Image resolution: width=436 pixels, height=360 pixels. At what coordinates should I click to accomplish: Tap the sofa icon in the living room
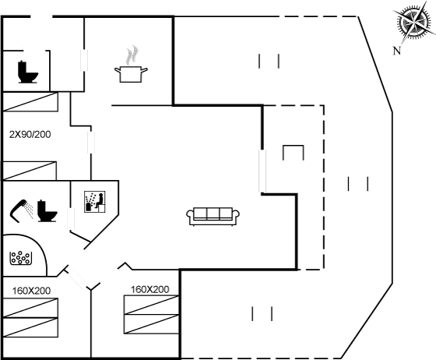pos(213,216)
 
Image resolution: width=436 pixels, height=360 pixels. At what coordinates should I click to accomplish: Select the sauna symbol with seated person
pos(95,202)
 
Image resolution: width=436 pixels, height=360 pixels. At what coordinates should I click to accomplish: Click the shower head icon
pos(21,210)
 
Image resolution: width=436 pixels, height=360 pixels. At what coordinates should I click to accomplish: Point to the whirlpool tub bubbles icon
pos(20,258)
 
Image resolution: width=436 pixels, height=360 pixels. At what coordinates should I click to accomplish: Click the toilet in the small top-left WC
pos(27,72)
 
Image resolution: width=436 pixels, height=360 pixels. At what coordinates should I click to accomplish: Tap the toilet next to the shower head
pos(47,211)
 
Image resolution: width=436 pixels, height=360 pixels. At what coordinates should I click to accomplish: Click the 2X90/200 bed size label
pos(30,134)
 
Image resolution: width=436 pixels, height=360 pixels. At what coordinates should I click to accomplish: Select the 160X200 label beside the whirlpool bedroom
pos(31,291)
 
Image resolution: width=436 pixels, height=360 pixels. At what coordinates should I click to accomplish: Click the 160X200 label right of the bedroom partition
pos(149,289)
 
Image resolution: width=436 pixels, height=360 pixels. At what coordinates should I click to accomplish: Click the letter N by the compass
pos(397,51)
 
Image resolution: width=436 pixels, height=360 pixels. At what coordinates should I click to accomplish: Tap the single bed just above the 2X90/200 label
pos(30,102)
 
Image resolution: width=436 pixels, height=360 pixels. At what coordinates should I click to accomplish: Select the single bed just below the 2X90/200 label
pos(30,171)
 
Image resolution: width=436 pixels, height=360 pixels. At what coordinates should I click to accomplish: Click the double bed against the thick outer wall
pos(151,314)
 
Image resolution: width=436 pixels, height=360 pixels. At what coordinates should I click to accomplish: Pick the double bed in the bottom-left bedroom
pos(30,318)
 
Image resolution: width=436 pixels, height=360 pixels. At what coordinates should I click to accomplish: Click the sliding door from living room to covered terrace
pos(262,171)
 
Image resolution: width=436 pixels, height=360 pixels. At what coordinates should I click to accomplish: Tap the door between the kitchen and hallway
pos(84,60)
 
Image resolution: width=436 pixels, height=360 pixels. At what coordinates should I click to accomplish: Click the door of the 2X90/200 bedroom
pos(91,142)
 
